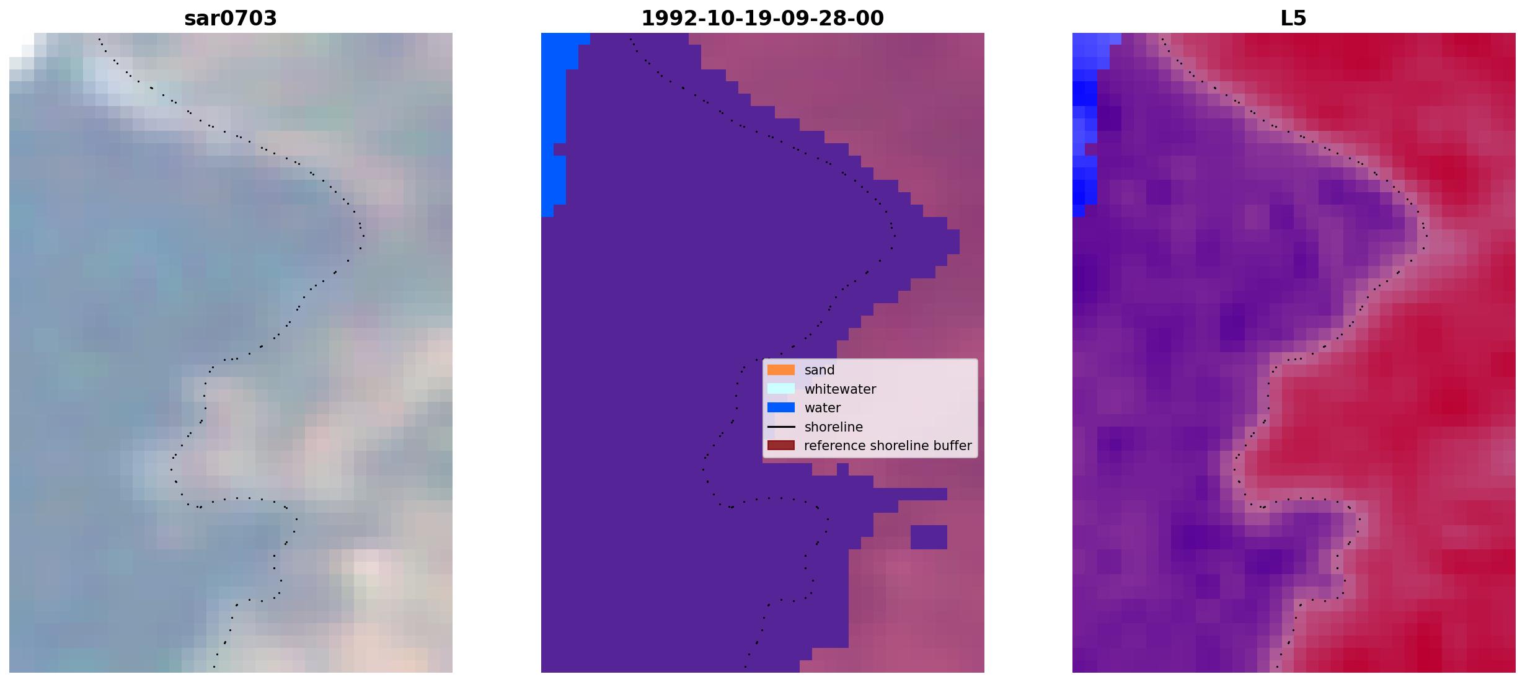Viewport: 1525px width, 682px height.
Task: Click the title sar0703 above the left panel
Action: coord(231,19)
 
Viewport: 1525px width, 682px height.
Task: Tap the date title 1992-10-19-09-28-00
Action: coord(762,19)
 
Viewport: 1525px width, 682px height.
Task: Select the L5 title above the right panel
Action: coord(1294,19)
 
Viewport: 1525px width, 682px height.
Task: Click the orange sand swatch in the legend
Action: coord(781,370)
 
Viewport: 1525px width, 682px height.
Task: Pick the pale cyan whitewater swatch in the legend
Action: coord(781,389)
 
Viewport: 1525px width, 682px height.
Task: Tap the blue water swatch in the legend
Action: coord(781,408)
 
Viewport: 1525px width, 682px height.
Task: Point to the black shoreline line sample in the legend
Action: coord(781,427)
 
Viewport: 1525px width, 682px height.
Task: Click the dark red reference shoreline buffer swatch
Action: coord(781,446)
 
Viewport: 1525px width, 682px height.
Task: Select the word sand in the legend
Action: coord(820,370)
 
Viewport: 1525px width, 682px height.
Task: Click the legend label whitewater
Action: coord(840,389)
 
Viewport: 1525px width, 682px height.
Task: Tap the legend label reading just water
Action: coord(823,408)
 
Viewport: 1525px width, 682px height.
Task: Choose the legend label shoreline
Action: coord(833,427)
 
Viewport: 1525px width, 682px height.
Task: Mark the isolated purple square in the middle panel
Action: coord(929,537)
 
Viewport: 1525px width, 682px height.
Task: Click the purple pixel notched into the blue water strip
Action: coord(560,149)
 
